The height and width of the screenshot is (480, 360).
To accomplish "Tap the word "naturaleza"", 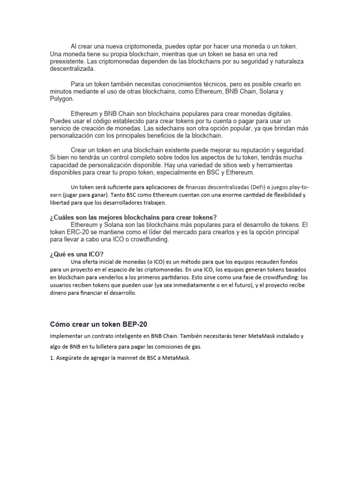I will [286, 61].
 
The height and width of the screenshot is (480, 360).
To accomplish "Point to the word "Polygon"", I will [61, 99].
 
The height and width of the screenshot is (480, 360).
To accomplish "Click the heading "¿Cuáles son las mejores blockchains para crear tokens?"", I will [133, 217].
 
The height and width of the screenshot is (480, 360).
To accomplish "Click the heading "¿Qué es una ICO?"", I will [73, 254].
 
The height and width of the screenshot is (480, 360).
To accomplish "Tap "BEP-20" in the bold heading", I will [135, 324].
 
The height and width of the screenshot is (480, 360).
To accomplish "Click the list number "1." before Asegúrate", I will [52, 358].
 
